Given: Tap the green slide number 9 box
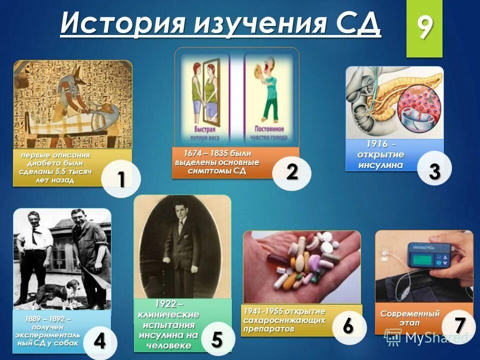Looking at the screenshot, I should [x=424, y=28].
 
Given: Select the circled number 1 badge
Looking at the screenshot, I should [x=121, y=179].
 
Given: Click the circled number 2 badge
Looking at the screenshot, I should [x=292, y=172].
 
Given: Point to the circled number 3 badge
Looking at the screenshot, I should [x=434, y=171].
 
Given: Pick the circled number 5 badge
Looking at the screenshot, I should [x=216, y=339].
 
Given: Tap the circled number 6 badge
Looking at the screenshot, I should [x=348, y=325].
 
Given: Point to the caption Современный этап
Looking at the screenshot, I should [x=410, y=317].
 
